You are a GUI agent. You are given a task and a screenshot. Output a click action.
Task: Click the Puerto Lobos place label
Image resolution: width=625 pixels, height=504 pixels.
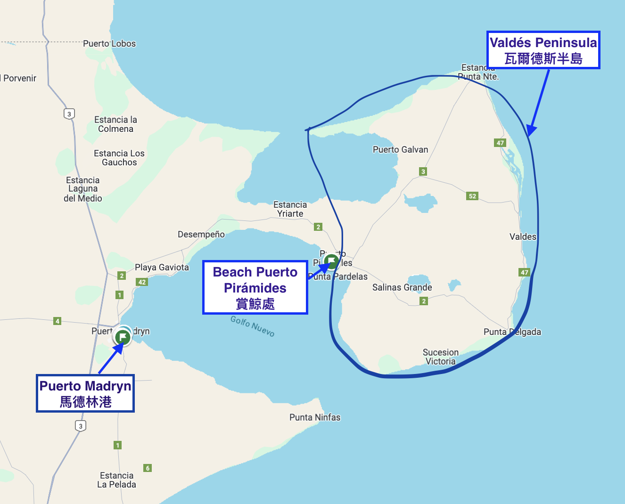[x=109, y=44]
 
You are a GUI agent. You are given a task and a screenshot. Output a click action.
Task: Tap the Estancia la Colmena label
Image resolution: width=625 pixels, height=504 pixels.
[x=115, y=124]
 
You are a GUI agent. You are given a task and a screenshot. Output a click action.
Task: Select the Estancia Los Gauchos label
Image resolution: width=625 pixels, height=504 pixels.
[x=119, y=158]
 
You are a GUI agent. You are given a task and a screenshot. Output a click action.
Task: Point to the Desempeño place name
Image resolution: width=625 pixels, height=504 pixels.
[x=201, y=235]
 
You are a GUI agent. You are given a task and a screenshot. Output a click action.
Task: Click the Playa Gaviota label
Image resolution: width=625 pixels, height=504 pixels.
[x=162, y=268]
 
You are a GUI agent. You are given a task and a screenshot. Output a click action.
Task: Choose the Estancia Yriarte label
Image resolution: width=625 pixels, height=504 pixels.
[x=290, y=209]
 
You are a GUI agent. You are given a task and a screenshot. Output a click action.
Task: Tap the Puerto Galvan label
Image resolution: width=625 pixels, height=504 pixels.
[x=400, y=150]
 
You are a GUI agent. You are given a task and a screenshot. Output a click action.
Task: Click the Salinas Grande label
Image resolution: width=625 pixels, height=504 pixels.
[x=402, y=287]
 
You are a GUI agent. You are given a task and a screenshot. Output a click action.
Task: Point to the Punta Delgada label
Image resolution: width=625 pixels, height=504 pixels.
[x=512, y=332]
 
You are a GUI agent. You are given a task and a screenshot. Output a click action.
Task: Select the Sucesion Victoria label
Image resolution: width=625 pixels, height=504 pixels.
[x=440, y=357]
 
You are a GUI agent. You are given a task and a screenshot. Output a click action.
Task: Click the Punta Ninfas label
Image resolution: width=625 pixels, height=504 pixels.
[x=315, y=417]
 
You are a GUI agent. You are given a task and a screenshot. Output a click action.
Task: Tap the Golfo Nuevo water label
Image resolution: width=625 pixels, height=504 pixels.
[x=252, y=326]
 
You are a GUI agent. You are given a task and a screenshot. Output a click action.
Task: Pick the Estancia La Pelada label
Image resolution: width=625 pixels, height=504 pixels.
[x=116, y=480]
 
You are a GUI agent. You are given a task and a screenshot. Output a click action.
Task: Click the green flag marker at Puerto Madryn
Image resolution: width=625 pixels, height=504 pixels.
[x=123, y=337]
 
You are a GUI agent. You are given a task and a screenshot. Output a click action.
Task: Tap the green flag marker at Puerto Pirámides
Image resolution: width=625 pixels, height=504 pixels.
[x=331, y=261]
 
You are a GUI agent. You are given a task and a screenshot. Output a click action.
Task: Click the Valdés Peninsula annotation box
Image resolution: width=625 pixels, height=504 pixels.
[x=543, y=50]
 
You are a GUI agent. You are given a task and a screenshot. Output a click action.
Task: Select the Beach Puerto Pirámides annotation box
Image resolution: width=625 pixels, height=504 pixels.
[x=255, y=288]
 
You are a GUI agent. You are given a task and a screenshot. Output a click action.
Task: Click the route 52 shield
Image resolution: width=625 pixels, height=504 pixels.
[x=472, y=196]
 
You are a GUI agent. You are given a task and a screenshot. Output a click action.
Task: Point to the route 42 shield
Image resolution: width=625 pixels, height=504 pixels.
[x=142, y=282]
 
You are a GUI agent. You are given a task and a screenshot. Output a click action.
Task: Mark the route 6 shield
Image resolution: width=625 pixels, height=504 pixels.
[x=148, y=468]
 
